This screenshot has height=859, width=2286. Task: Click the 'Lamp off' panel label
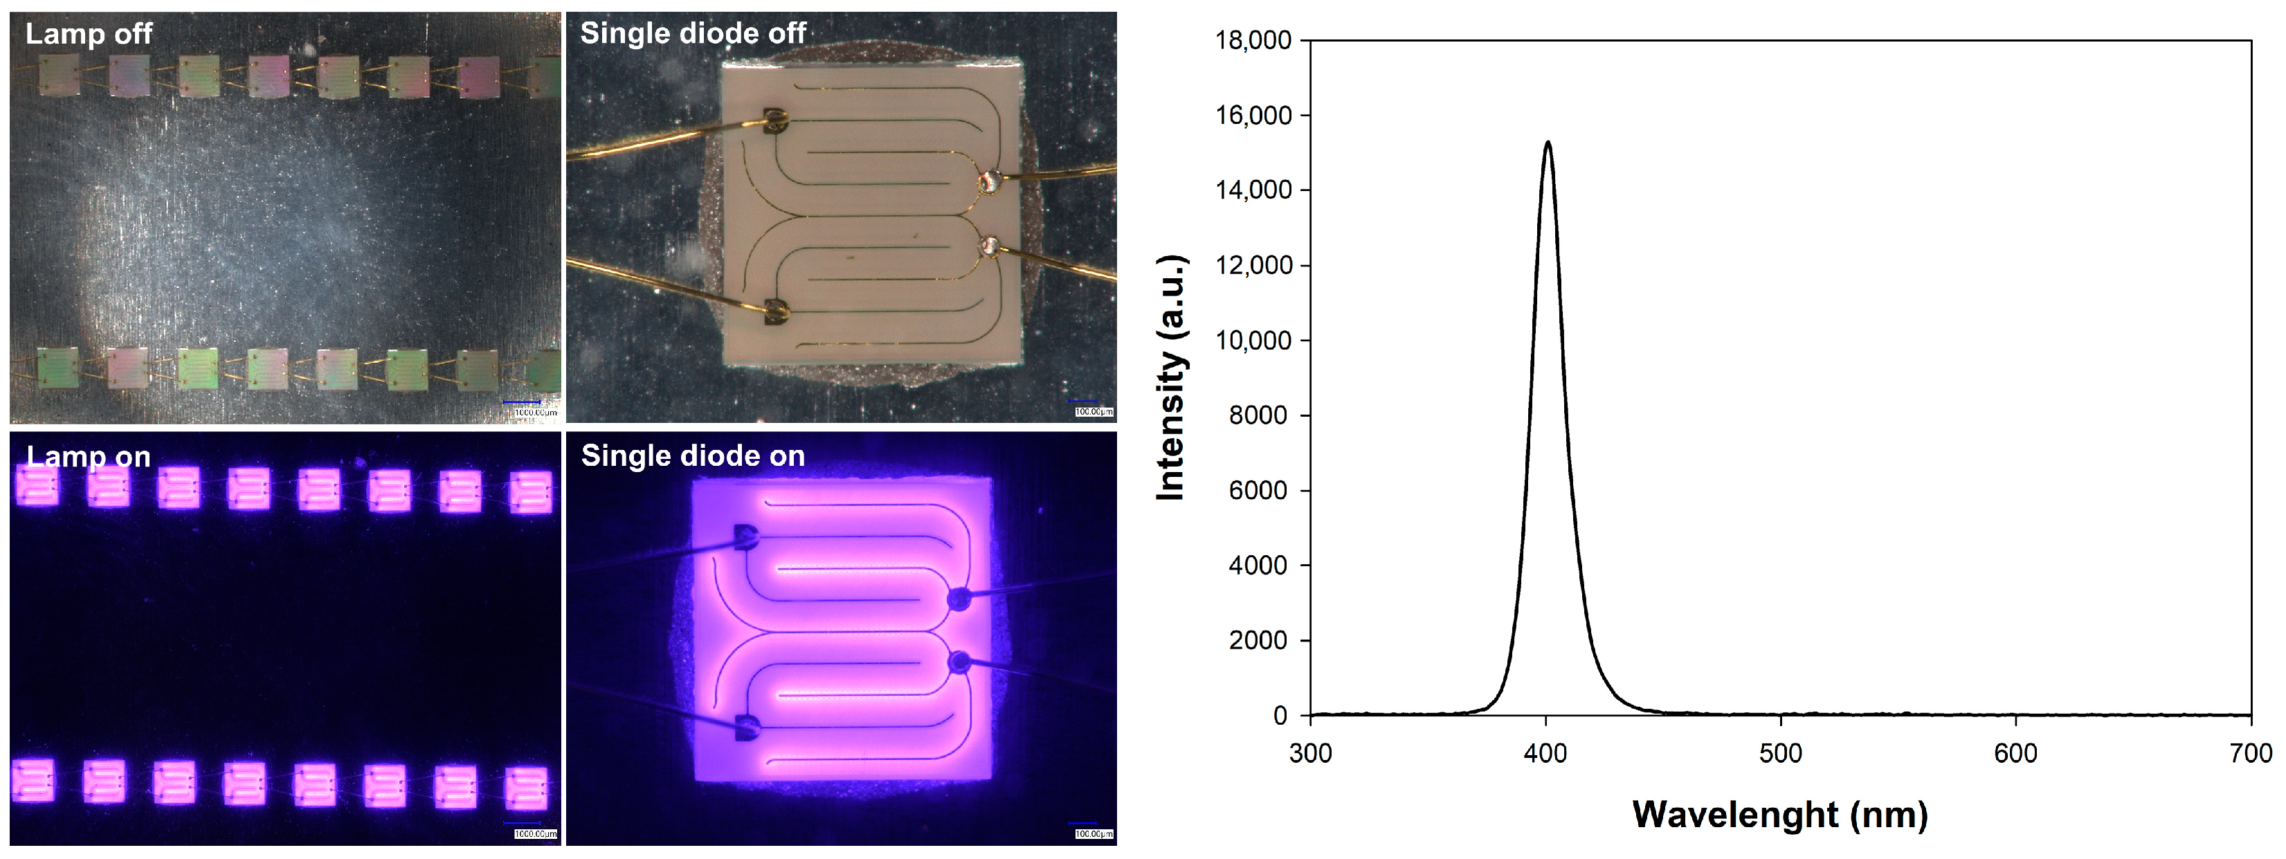pyautogui.click(x=89, y=34)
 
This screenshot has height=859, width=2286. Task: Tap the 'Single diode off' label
pyautogui.click(x=692, y=34)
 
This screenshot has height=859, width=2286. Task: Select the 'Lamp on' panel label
pyautogui.click(x=89, y=456)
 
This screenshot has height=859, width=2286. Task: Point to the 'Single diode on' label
pyautogui.click(x=692, y=456)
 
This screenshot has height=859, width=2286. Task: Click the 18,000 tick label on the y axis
pyautogui.click(x=1253, y=40)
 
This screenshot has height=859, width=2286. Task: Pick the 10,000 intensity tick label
pyautogui.click(x=1253, y=340)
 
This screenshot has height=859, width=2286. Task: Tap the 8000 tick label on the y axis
pyautogui.click(x=1258, y=415)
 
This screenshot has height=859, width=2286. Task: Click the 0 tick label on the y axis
pyautogui.click(x=1280, y=715)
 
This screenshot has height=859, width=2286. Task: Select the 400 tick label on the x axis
pyautogui.click(x=1546, y=753)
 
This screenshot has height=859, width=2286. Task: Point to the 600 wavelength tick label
pyautogui.click(x=2015, y=753)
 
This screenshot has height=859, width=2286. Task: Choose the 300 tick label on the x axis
pyautogui.click(x=1311, y=753)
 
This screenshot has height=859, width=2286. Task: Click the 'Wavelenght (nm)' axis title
pyautogui.click(x=1780, y=815)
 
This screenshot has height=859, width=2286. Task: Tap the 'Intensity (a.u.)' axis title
pyautogui.click(x=1172, y=377)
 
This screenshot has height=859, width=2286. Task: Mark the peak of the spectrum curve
pyautogui.click(x=1548, y=142)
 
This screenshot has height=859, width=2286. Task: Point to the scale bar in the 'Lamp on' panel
pyautogui.click(x=523, y=824)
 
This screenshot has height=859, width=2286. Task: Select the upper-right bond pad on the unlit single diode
pyautogui.click(x=988, y=182)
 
